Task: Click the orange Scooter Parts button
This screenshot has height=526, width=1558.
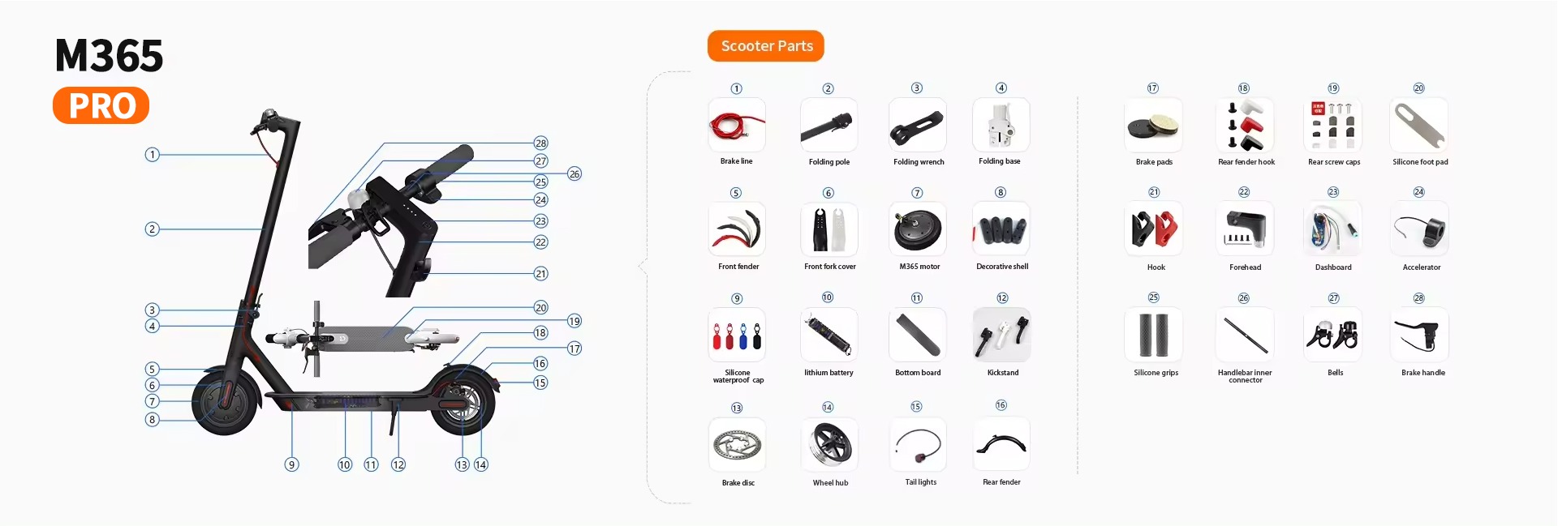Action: pos(766,46)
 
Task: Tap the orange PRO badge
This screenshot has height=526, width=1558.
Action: pos(101,105)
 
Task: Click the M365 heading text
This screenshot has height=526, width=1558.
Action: pos(109,56)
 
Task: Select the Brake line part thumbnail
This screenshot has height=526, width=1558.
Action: pos(737,125)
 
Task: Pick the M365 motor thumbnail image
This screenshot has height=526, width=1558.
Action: pos(919,229)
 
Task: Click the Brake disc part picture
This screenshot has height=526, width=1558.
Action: pos(737,444)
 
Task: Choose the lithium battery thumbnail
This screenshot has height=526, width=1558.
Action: pos(828,335)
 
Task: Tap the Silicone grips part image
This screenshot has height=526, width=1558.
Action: pos(1153,335)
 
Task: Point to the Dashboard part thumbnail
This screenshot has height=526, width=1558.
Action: pos(1332,230)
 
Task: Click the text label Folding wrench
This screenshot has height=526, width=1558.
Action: pos(919,162)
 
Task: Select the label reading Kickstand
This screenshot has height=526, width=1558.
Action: pos(1003,373)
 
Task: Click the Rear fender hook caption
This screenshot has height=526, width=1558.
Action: pos(1246,162)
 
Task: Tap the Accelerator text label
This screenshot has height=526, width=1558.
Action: pos(1422,267)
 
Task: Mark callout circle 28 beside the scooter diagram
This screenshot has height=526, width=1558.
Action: pos(541,143)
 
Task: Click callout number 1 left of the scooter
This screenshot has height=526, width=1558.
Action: pos(152,154)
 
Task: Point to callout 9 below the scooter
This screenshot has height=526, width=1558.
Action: pos(292,464)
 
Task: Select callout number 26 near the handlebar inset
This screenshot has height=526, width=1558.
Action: pos(575,173)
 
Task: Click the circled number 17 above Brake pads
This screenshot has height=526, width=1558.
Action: pos(1153,88)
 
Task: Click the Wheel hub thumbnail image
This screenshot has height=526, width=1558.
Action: pos(829,444)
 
